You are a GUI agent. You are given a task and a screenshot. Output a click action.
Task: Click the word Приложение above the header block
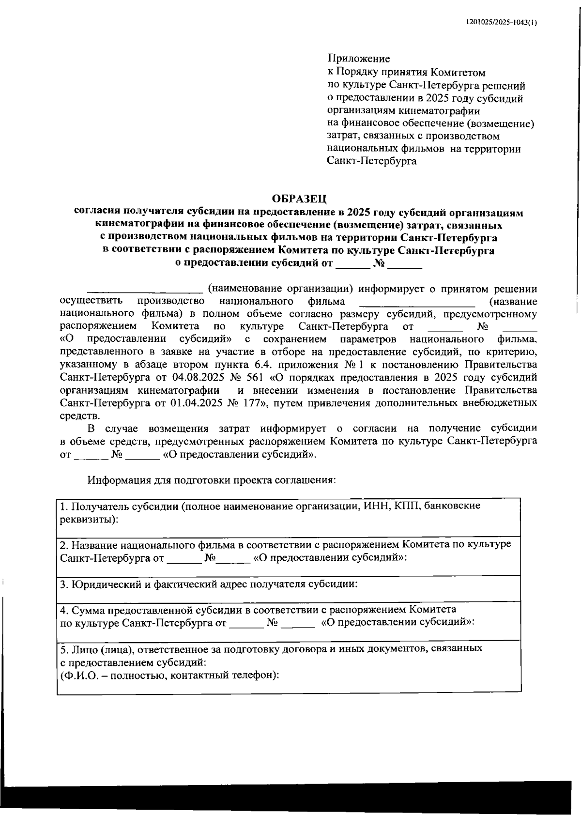tap(359, 59)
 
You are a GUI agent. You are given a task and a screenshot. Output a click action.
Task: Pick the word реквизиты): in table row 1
tap(89, 519)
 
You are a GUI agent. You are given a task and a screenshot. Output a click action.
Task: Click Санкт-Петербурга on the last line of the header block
tap(372, 161)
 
